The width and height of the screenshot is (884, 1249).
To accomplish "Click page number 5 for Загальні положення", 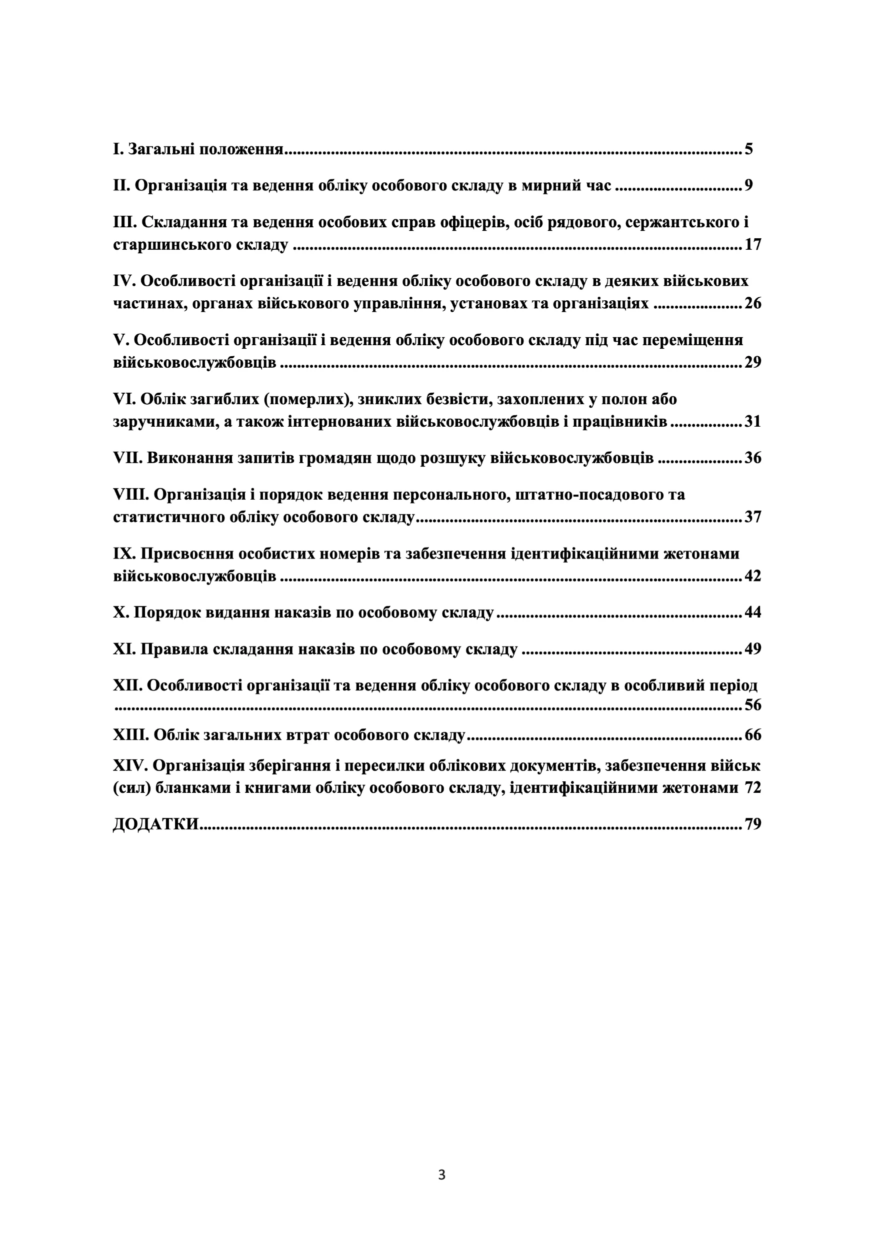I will point(748,149).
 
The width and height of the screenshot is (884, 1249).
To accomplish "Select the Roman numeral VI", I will point(124,399).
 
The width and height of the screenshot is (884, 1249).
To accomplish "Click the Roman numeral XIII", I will point(130,735).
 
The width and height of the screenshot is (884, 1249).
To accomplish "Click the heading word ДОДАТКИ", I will point(155,825).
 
